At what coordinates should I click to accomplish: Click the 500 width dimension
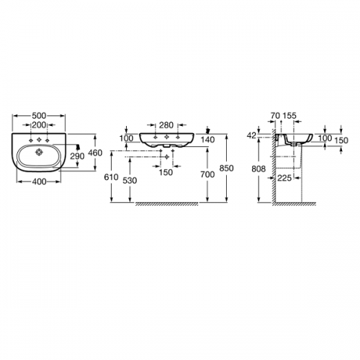coord(39,116)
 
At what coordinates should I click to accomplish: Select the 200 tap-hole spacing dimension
coord(39,125)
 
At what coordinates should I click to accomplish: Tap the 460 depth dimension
coord(95,153)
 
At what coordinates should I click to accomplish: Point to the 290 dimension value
coord(77,156)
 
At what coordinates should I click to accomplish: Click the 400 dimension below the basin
coord(39,181)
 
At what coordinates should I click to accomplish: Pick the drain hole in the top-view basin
coord(39,152)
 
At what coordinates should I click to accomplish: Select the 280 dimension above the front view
coord(166,125)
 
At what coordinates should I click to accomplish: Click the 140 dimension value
coord(208,140)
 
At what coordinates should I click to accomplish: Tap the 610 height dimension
coord(112,177)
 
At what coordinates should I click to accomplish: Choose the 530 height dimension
coord(130,181)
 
